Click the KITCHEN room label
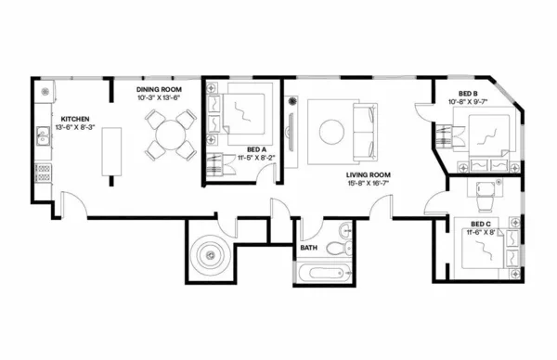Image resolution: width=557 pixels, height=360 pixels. (75, 120)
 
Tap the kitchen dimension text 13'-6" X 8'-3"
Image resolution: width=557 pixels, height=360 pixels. (75, 129)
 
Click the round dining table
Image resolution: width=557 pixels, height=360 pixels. (170, 135)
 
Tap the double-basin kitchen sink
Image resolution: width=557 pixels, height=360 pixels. (42, 139)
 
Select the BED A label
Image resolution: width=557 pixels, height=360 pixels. (257, 148)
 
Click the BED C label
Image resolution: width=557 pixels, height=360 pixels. (481, 224)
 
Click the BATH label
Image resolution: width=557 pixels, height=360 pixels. (310, 249)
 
